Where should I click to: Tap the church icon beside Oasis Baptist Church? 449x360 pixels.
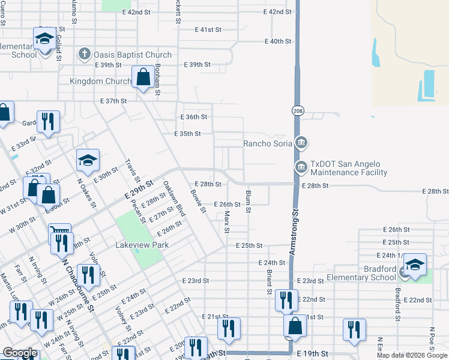(84, 55)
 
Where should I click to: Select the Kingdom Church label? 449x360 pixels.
(100, 81)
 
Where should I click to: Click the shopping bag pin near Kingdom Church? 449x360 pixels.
(143, 77)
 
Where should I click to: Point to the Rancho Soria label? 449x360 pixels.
(268, 143)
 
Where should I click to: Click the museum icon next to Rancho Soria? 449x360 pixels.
(302, 143)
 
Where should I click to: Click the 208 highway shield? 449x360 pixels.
(298, 111)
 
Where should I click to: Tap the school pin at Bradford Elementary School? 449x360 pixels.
(415, 264)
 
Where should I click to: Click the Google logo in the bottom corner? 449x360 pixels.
(20, 353)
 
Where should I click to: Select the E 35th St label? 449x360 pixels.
(187, 134)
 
